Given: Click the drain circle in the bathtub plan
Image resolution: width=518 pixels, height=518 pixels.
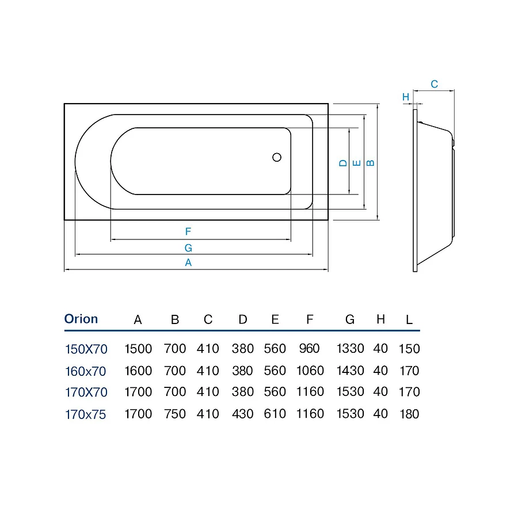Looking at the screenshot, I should point(277,157).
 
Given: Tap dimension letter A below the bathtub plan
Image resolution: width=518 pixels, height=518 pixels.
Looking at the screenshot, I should point(188,262).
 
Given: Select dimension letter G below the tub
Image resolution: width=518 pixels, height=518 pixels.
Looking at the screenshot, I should point(188,247).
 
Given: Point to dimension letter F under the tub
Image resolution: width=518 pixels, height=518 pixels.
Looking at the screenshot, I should point(188,232).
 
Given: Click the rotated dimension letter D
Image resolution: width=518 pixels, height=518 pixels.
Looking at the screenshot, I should point(343,163).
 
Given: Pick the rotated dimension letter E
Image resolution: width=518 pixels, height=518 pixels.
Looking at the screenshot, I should point(357,163).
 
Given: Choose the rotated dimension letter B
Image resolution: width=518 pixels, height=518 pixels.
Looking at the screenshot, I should point(371,162).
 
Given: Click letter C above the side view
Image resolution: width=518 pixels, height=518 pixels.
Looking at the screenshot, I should point(435,84).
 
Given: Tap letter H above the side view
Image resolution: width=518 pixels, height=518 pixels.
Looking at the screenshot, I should point(406,97).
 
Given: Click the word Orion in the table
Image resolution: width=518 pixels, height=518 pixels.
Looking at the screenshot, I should point(81,319).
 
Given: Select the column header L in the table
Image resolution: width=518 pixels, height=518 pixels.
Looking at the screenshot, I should point(409,320).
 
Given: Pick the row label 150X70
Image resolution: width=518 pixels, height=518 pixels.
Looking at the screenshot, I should point(86,349).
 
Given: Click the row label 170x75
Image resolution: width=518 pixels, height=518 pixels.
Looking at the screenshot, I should point(86,414).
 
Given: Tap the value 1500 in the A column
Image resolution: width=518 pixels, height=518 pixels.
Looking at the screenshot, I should point(138,349).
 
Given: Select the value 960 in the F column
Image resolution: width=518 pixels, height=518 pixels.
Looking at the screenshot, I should point(310,349).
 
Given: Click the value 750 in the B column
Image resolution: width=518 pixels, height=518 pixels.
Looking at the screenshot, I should point(175,414).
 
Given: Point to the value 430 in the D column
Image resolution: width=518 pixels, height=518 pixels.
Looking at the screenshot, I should point(243,414).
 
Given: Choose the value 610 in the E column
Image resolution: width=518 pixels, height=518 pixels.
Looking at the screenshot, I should point(275,414).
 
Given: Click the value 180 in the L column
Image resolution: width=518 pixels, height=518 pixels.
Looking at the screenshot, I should point(409,414).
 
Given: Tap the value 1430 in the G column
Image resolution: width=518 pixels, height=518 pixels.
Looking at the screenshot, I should point(350,371).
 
